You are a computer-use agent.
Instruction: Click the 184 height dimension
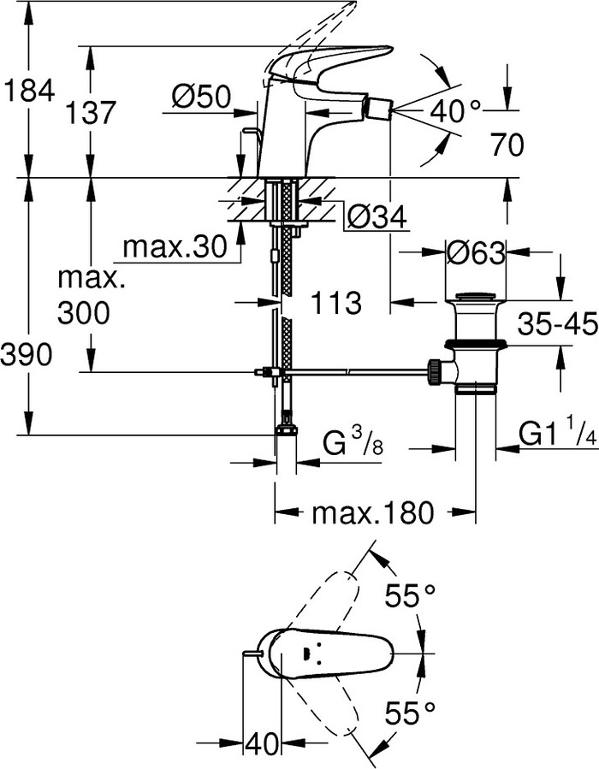pyautogui.click(x=29, y=90)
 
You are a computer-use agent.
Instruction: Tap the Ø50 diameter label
pyautogui.click(x=200, y=98)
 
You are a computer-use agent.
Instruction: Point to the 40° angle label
pyautogui.click(x=456, y=110)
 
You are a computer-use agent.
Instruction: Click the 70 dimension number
pyautogui.click(x=507, y=145)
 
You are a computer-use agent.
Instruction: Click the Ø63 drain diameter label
pyautogui.click(x=477, y=252)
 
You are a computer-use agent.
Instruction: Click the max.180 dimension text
pyautogui.click(x=372, y=513)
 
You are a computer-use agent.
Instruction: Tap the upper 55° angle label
pyautogui.click(x=410, y=595)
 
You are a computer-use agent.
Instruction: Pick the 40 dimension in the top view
pyautogui.click(x=263, y=743)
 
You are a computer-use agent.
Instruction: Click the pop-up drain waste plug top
pyautogui.click(x=477, y=299)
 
